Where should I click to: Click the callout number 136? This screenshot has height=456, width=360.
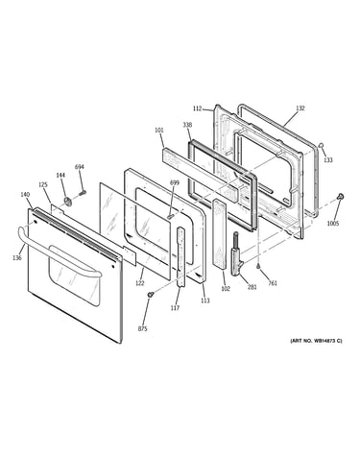pos(17,257)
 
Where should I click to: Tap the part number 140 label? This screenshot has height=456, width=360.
pos(25,195)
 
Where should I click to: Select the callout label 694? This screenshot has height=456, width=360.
pos(80,167)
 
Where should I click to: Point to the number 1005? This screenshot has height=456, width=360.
pos(333,224)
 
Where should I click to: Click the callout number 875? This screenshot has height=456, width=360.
pos(143,328)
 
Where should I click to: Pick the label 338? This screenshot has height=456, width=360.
pos(187,125)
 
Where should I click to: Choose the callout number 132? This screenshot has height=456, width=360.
pos(300,108)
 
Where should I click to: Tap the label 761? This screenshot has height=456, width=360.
pos(273,283)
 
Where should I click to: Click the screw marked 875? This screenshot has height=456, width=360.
pos(150,295)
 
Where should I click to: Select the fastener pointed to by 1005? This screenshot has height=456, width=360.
pos(341,196)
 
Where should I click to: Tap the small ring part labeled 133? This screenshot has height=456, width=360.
pos(321,146)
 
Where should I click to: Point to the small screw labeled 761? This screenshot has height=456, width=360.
pos(258,267)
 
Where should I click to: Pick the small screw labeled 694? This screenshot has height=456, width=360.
pos(83,193)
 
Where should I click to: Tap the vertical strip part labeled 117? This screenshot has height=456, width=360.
pos(180,256)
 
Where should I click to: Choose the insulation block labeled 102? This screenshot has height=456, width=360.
pos(219,233)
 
